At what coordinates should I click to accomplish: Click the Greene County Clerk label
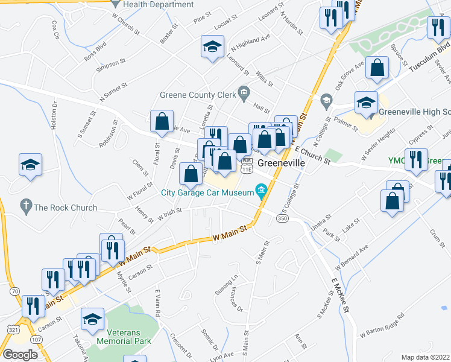pyautogui.click(x=198, y=94)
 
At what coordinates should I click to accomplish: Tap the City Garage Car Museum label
pyautogui.click(x=207, y=193)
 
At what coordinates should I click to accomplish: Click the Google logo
pyautogui.click(x=20, y=354)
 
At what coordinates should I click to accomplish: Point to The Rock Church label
pyautogui.click(x=65, y=208)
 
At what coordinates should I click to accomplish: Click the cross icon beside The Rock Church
pyautogui.click(x=25, y=207)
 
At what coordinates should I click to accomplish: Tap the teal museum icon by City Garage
pyautogui.click(x=261, y=192)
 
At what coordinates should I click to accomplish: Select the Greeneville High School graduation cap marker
pyautogui.click(x=366, y=102)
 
